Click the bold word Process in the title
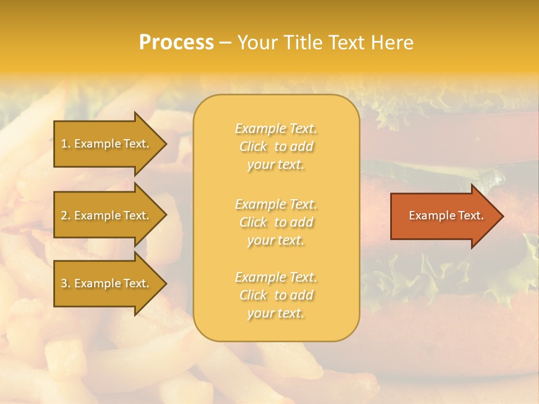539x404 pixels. [x=176, y=43]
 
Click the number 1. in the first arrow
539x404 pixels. [x=66, y=144]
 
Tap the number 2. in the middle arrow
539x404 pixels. [x=66, y=215]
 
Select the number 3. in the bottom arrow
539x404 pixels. [x=66, y=283]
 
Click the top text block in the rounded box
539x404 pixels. [x=276, y=146]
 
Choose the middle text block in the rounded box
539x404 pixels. [x=276, y=222]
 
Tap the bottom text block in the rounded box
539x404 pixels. [x=276, y=295]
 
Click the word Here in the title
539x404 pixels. [x=392, y=43]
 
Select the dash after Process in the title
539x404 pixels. [x=225, y=43]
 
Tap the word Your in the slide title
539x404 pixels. [x=256, y=43]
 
